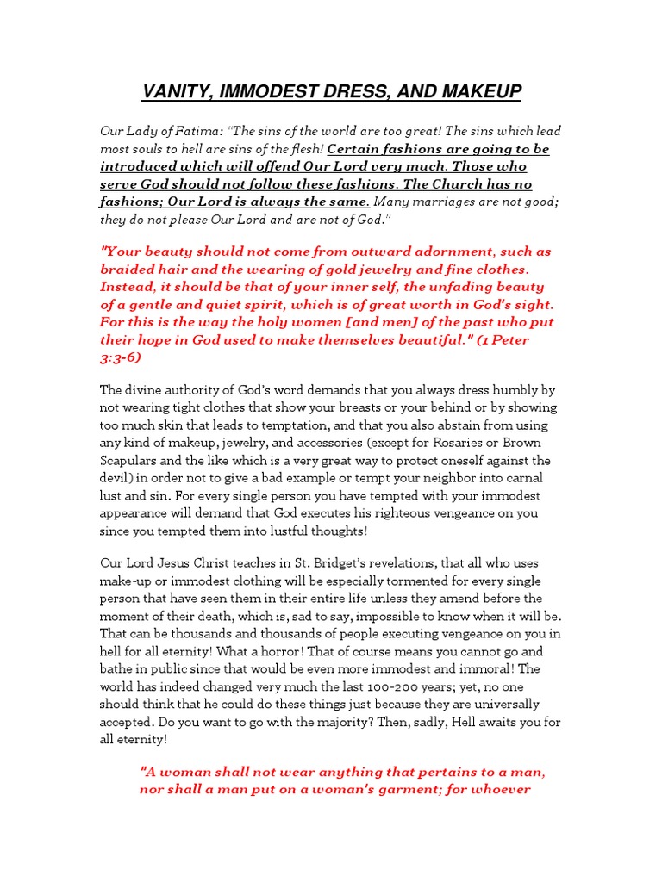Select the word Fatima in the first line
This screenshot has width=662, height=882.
197,131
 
